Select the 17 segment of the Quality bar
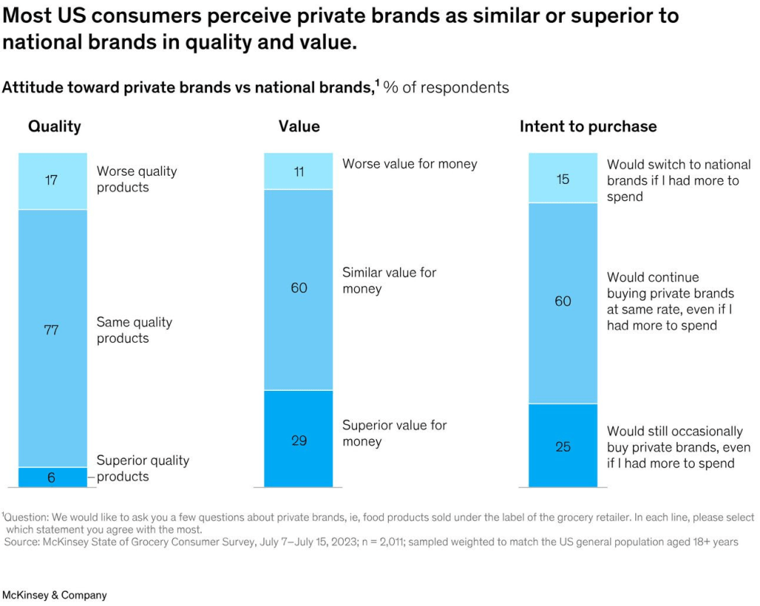(x=52, y=181)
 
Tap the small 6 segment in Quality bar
(x=52, y=477)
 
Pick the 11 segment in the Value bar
(x=298, y=171)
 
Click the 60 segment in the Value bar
(x=298, y=289)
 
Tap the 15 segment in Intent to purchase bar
(x=563, y=178)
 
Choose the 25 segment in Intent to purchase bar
(x=563, y=445)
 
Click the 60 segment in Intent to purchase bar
(x=563, y=303)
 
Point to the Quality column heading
(x=54, y=127)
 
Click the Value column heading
(x=299, y=127)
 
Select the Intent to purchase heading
(x=588, y=127)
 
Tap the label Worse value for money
(x=410, y=164)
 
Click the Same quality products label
(x=134, y=330)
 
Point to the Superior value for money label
(x=394, y=433)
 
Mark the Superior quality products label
(x=142, y=468)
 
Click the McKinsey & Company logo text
(x=54, y=595)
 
